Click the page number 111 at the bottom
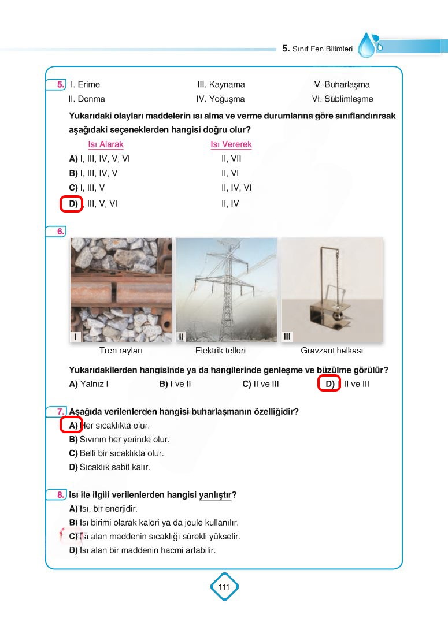click(224, 587)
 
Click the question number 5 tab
click(60, 85)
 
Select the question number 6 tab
click(60, 232)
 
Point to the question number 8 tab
click(60, 495)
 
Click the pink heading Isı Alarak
click(105, 144)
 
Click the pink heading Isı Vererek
click(231, 144)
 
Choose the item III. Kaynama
click(221, 85)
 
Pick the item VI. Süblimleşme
click(342, 99)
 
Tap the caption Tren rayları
click(121, 351)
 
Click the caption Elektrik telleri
click(221, 351)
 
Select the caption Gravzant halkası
click(332, 351)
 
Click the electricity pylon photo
click(226, 289)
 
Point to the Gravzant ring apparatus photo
click(332, 289)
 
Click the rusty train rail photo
click(121, 289)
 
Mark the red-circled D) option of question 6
click(329, 384)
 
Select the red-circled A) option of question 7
click(72, 426)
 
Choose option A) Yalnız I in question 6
click(89, 384)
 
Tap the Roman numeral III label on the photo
click(287, 336)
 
